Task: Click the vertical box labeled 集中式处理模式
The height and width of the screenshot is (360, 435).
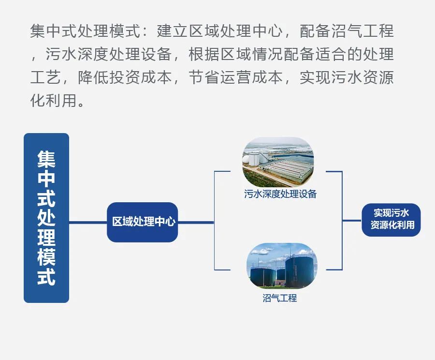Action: (46, 218)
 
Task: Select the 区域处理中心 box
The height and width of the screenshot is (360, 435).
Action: (142, 222)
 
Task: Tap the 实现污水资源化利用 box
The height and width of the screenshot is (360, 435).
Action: (391, 220)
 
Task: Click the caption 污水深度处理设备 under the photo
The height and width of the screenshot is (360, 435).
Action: (280, 194)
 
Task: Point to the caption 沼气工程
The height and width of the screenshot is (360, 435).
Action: (280, 298)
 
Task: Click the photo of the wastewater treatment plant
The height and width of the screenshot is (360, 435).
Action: (278, 162)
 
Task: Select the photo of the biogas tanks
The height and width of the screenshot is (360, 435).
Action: (282, 266)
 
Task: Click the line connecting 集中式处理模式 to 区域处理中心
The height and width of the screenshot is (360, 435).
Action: (88, 222)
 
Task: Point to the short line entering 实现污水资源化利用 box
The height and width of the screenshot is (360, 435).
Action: (352, 221)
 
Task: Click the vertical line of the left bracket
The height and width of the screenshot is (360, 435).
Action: (215, 221)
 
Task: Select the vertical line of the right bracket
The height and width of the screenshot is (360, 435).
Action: (342, 221)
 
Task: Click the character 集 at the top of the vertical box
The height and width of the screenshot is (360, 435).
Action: (46, 160)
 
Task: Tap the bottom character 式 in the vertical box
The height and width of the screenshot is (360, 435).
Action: (46, 276)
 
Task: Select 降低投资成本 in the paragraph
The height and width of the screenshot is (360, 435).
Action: (125, 77)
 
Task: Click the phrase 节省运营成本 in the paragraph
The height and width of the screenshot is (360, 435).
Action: (235, 77)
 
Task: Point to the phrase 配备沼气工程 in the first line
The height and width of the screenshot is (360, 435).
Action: (347, 30)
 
